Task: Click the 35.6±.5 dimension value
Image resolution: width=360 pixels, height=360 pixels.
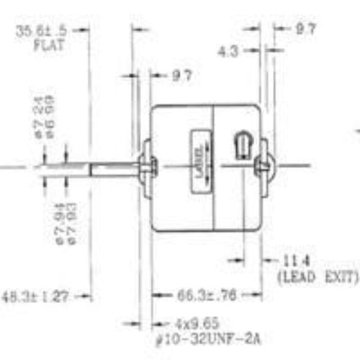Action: [x=44, y=30]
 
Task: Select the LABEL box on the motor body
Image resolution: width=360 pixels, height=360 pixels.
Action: [x=199, y=159]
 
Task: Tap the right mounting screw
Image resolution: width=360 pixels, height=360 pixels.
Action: [x=264, y=166]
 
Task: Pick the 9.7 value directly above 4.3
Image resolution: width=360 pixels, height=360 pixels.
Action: [x=305, y=30]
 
